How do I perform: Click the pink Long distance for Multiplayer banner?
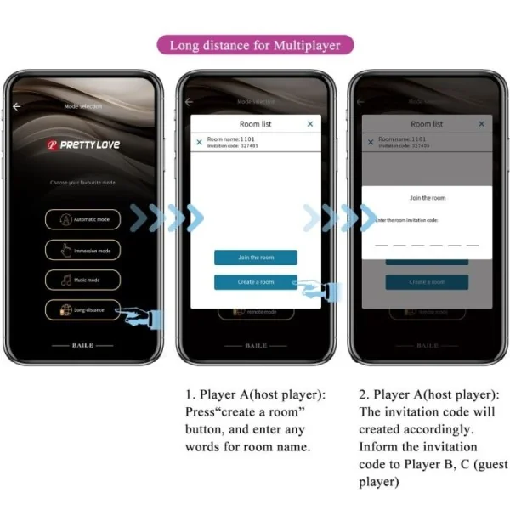(254, 45)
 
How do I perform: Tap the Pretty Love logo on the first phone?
(83, 144)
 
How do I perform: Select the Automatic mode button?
(82, 219)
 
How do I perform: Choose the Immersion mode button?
(82, 250)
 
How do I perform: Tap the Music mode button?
(82, 280)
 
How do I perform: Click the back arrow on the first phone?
(17, 106)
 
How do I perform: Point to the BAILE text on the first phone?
(82, 346)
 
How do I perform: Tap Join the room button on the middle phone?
(255, 258)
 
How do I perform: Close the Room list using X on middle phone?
(310, 124)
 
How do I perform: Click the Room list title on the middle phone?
(255, 124)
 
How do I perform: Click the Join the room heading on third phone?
(427, 198)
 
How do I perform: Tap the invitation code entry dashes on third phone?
(427, 243)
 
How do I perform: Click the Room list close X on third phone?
(481, 124)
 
